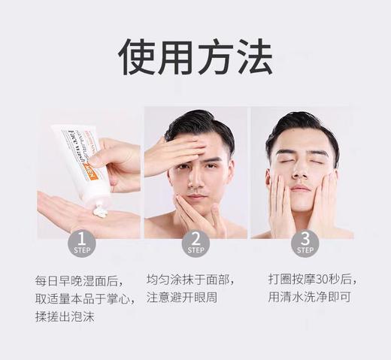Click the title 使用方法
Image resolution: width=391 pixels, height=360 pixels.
coord(195,56)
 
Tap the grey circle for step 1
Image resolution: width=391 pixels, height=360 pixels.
coord(81,244)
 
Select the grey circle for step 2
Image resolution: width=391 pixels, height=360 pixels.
coord(195,244)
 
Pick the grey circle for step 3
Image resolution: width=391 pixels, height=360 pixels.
coord(305,244)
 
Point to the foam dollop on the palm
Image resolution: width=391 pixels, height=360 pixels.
coord(99,213)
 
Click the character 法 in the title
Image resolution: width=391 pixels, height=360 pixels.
coord(252,56)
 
